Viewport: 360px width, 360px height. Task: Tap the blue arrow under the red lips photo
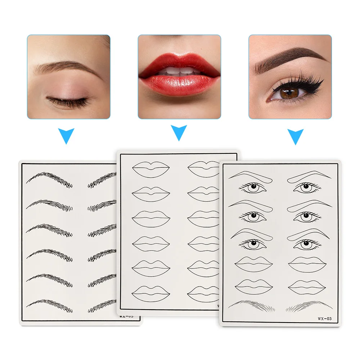tap(179, 133)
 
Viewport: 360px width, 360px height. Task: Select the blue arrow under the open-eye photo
tap(296, 136)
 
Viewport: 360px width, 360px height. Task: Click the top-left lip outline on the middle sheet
tap(150, 168)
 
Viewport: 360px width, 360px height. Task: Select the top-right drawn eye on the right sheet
tap(306, 187)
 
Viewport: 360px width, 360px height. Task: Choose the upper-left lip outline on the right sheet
tap(253, 264)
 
